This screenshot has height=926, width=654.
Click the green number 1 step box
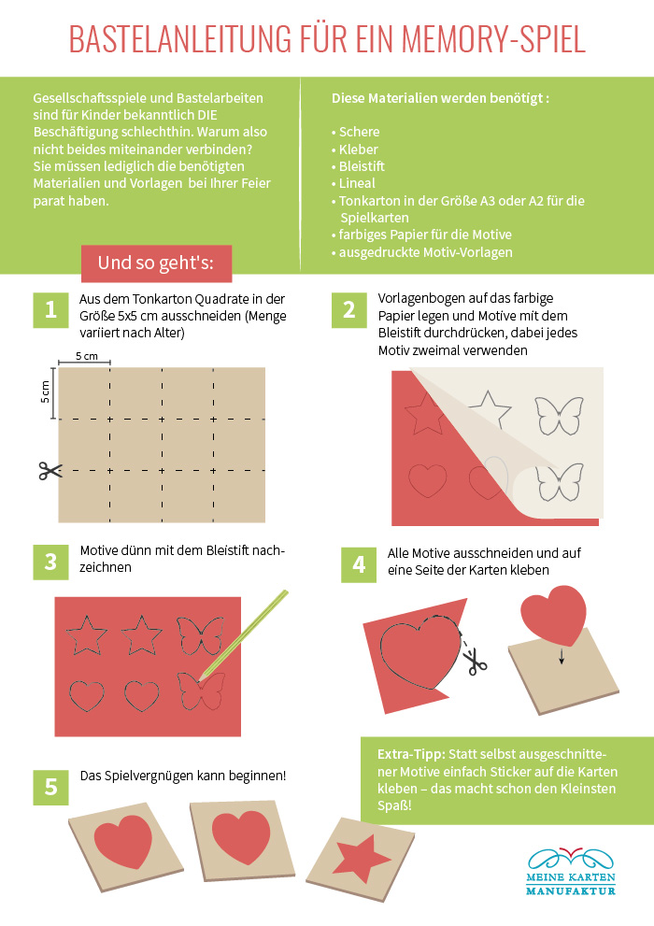pos(50,310)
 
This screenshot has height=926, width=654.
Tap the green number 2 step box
pos(348,310)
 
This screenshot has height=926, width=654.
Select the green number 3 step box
pos(50,563)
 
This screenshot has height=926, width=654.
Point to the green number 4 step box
pos(359,565)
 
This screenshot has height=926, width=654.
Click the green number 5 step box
pos(50,787)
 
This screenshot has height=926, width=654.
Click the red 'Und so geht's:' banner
pos(156,264)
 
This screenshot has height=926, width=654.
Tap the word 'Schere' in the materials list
pos(359,132)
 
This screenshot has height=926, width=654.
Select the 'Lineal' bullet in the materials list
pos(353,183)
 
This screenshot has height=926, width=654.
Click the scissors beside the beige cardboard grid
pos(50,471)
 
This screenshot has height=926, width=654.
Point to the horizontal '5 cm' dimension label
pos(87,356)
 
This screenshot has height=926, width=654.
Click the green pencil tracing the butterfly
pos(244,634)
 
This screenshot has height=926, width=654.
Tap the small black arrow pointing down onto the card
pos(562,656)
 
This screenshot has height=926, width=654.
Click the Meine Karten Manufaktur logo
pos(571,872)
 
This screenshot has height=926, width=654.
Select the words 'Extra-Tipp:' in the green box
pos(411,754)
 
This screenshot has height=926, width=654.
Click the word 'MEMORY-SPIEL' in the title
pos(493,39)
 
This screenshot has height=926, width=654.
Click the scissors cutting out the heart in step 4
pos(474,661)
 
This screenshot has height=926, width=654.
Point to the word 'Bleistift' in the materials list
pos(362,166)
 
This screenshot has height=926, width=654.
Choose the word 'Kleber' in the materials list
pos(358,150)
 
